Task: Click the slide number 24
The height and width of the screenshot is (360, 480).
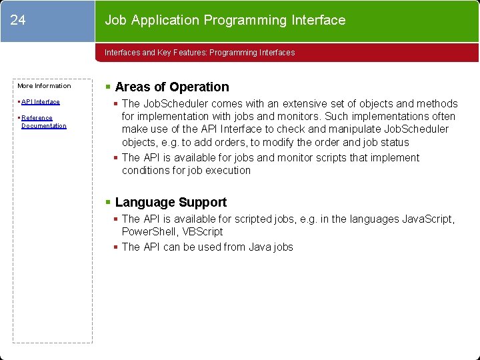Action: pos(18,20)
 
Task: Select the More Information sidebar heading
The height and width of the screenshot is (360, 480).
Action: pos(44,86)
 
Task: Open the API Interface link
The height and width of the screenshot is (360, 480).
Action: pos(41,102)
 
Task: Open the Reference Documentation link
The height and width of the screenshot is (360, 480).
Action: pos(43,122)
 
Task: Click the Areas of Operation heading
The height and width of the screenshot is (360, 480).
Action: pos(171,87)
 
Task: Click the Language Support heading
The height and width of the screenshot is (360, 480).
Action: pos(171,202)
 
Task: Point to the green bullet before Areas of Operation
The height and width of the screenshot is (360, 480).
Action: pos(109,87)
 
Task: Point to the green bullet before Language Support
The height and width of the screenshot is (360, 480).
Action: pos(109,202)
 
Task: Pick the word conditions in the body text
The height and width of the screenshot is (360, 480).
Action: pos(145,170)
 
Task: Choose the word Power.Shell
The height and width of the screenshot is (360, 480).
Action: pos(148,231)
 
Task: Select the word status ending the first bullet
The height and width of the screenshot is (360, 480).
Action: pos(394,142)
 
